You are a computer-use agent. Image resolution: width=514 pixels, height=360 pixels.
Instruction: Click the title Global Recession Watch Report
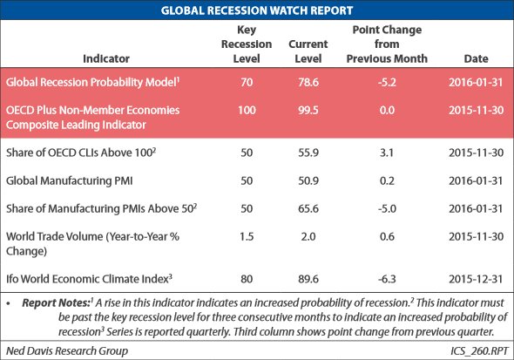[x=257, y=10]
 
